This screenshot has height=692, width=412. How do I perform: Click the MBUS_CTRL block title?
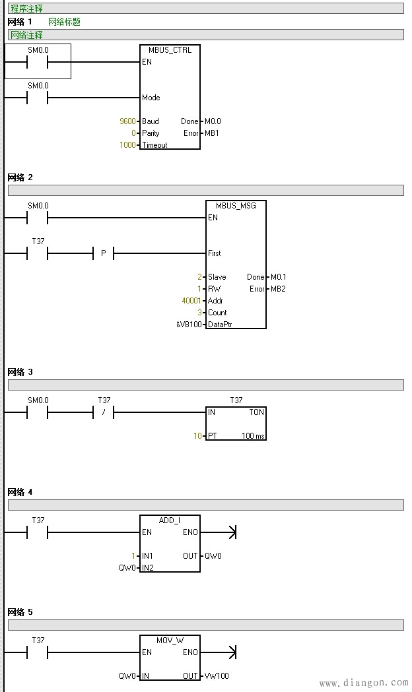point(170,50)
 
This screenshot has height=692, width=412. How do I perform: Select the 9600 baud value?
point(127,121)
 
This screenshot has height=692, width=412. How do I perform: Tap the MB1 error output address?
point(211,133)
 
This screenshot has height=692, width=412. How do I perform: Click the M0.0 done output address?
point(213,121)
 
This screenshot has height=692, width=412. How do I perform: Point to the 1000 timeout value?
point(127,145)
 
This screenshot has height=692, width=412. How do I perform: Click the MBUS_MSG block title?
point(236,206)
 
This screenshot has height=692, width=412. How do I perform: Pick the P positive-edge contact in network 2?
point(104,253)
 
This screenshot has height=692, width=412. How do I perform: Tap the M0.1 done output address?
point(279,277)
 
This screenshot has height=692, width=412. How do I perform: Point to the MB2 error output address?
point(277,289)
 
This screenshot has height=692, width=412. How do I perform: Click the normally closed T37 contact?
point(104,413)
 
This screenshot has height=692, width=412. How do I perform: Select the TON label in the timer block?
point(257,412)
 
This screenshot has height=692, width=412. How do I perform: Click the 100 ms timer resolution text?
point(252,436)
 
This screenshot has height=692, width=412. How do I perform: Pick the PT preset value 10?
point(197,436)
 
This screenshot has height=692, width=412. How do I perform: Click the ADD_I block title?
point(170,520)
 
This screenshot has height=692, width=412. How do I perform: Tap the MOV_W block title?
point(170,641)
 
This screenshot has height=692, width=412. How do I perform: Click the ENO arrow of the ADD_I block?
point(230,532)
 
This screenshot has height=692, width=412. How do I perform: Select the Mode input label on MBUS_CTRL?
point(151,98)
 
